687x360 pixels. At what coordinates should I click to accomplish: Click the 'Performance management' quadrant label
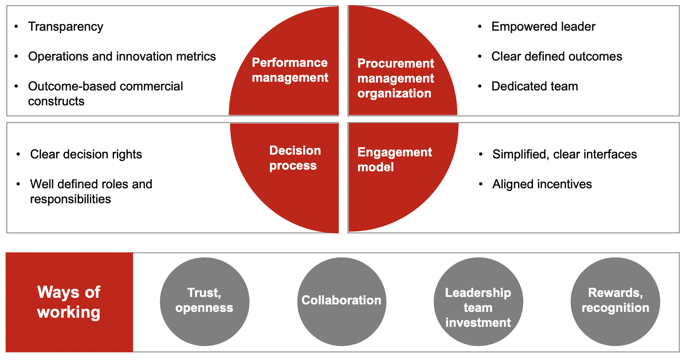point(290,70)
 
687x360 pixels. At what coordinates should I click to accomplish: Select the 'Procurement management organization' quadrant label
point(395,78)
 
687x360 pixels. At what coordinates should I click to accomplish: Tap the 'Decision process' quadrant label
point(295,158)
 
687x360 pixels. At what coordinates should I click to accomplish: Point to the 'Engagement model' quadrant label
point(394,160)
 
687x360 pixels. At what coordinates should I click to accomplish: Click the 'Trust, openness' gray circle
point(205,302)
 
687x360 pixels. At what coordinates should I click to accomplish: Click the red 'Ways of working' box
point(69,302)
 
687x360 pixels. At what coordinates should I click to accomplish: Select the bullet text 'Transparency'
point(66,27)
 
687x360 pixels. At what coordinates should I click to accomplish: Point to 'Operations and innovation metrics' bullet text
point(122,56)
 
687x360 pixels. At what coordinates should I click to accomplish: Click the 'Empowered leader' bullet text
point(543,27)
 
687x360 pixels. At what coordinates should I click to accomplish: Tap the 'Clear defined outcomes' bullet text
point(556,56)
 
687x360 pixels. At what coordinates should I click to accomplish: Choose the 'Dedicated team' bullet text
point(534,86)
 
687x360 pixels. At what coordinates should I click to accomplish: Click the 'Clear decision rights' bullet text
point(86,154)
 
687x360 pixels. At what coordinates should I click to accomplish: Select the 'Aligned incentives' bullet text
point(542,184)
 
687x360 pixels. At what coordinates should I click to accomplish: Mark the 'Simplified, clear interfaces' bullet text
point(564,154)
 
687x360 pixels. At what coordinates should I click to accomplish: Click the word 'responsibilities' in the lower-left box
point(71,199)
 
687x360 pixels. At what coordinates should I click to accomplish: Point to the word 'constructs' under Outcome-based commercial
point(56,101)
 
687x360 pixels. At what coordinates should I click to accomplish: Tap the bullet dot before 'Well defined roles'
point(18,184)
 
